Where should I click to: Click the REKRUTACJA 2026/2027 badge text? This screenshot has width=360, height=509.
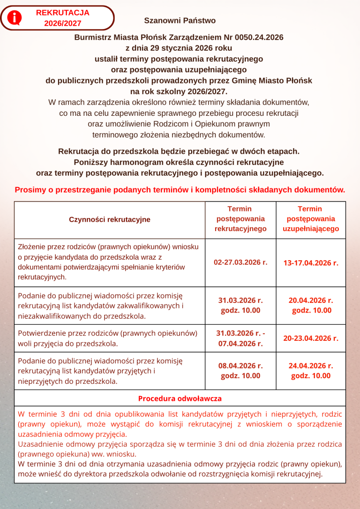coord(62,18)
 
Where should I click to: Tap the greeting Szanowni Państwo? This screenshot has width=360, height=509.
coord(180,21)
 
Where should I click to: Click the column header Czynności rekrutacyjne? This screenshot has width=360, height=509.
coord(110,219)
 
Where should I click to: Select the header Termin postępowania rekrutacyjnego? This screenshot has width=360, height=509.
coord(240,219)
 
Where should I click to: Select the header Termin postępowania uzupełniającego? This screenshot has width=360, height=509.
coord(311,219)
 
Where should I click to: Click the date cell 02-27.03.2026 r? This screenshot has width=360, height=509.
coord(240,262)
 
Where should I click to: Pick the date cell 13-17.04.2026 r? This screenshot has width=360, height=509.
coord(311,263)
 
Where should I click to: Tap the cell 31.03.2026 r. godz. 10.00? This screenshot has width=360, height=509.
coord(240,305)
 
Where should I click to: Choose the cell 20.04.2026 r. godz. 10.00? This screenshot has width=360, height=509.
coord(311,305)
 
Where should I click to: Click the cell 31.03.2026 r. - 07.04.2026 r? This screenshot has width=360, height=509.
coord(240,338)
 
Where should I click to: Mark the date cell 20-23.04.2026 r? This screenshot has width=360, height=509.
coord(311,338)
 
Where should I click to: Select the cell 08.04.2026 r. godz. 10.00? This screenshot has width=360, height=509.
coord(240,370)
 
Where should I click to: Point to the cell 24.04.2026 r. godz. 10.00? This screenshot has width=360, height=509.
coord(311,370)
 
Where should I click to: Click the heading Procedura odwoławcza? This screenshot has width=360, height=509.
coord(180,398)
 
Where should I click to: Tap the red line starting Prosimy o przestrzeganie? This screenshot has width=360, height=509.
coord(180,190)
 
